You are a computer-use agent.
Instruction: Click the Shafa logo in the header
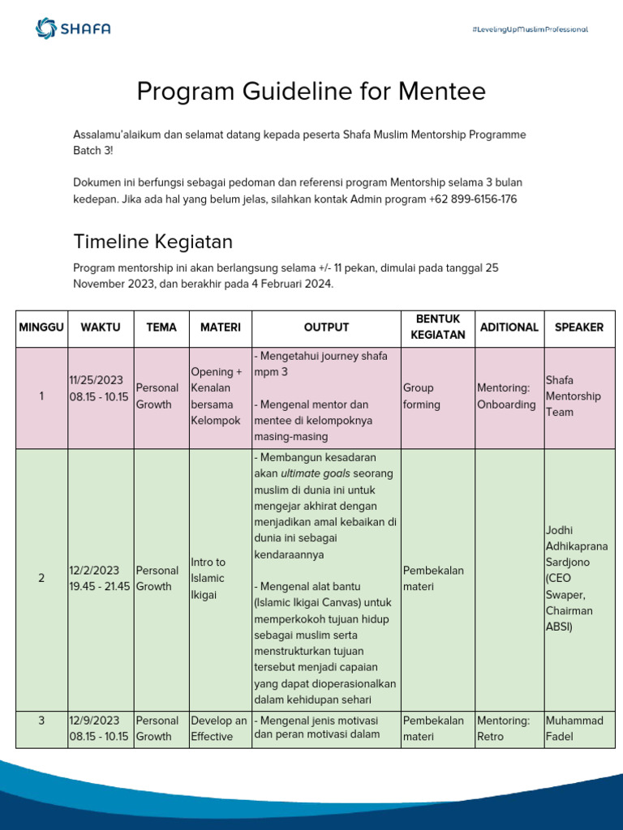tap(73, 29)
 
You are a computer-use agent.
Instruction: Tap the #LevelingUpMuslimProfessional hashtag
tap(529, 29)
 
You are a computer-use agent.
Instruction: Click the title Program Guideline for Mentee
tap(311, 92)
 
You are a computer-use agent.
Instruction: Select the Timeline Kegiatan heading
tap(153, 242)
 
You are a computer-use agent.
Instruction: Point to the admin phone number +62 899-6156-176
tap(473, 199)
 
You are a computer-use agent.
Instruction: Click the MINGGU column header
tap(41, 327)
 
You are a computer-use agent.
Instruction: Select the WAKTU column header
tap(101, 327)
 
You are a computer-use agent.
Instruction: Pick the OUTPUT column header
tap(326, 327)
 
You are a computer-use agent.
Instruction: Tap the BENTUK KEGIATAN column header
tap(437, 327)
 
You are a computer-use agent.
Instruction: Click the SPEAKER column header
tap(578, 327)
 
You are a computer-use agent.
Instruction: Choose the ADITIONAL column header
tap(509, 327)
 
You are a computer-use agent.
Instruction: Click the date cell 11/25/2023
tap(96, 380)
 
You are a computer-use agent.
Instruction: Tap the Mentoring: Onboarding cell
tap(506, 396)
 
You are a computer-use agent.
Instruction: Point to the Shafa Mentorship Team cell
tap(573, 396)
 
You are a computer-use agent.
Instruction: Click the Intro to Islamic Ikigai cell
tap(208, 578)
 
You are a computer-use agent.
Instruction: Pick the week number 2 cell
tap(41, 578)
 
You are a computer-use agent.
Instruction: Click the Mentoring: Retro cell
tap(503, 728)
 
